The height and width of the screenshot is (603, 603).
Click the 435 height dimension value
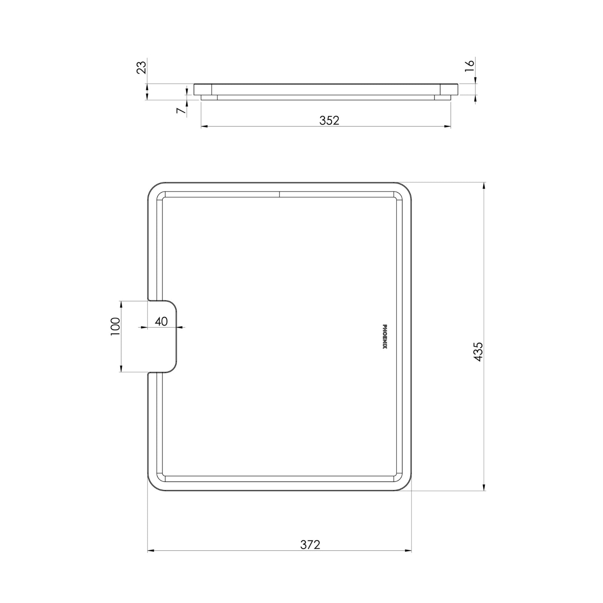tap(478, 352)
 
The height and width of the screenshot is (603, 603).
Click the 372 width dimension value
tap(310, 545)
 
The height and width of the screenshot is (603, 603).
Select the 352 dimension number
tap(329, 120)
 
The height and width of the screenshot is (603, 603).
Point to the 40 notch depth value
tap(161, 321)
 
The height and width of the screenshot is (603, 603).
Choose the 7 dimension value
tap(181, 110)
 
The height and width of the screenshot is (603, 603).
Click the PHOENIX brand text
tap(385, 337)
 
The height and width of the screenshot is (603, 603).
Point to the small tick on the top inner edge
tap(279, 194)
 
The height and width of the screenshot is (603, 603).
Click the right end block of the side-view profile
tap(448, 89)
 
